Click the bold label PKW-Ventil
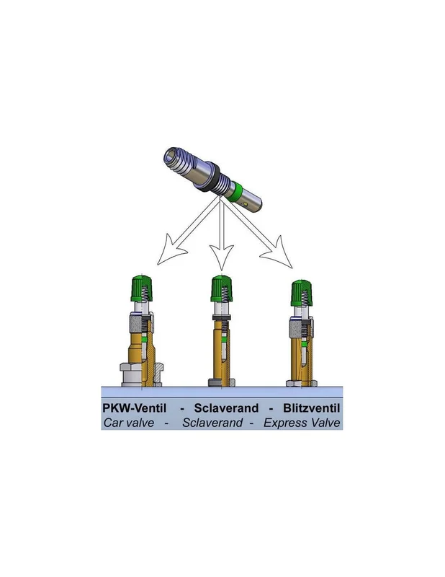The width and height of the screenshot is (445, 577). (x=134, y=408)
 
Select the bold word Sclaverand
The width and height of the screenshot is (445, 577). (x=226, y=408)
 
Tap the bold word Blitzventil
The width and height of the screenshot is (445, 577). (x=312, y=408)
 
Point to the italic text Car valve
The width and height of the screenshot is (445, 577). (x=129, y=423)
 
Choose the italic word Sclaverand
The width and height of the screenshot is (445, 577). (x=212, y=423)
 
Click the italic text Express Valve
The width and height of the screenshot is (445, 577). (x=302, y=423)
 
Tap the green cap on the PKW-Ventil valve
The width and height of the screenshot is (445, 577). (x=142, y=288)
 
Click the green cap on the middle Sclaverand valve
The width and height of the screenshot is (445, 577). (x=222, y=288)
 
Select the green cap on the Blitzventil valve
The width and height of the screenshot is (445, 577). (x=302, y=293)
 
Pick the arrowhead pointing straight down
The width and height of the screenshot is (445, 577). (x=222, y=257)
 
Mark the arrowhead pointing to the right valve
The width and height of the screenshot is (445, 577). (x=278, y=254)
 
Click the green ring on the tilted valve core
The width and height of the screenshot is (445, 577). (x=235, y=191)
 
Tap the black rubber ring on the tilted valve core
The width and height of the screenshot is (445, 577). (x=212, y=177)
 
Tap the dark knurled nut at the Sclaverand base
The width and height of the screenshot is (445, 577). (x=222, y=382)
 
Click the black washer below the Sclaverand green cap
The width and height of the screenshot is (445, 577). (x=222, y=317)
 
